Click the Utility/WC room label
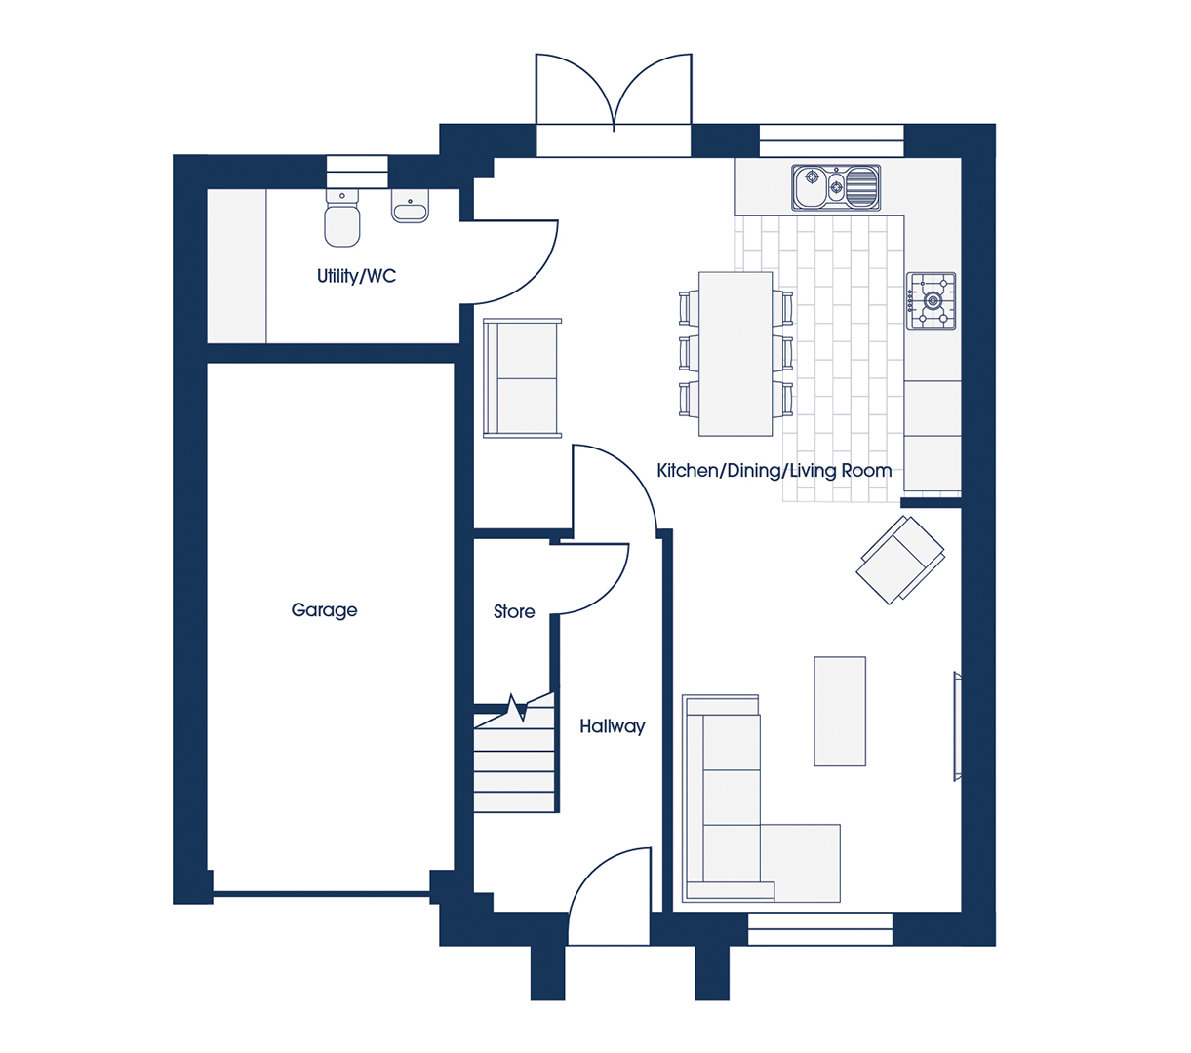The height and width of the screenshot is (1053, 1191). pos(356,276)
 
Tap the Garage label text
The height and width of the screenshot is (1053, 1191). pos(324,610)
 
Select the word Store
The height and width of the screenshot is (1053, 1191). pos(514,611)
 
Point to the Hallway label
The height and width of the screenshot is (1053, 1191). pos(612,727)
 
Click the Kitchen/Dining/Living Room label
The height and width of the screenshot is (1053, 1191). pos(774,471)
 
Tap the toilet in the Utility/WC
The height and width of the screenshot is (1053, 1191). pos(342,217)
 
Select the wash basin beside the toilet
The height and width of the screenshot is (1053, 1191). pos(410,207)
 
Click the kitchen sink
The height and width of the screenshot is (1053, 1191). pos(836,187)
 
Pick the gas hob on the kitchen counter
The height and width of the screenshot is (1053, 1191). pos(932,301)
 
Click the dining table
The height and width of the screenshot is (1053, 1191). pos(735,354)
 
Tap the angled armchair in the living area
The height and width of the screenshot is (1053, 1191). pos(900,560)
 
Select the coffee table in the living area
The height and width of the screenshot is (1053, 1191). pos(840,711)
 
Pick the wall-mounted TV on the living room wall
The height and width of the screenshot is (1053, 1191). pos(957,726)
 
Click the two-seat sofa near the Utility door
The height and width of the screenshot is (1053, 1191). pos(522,378)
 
